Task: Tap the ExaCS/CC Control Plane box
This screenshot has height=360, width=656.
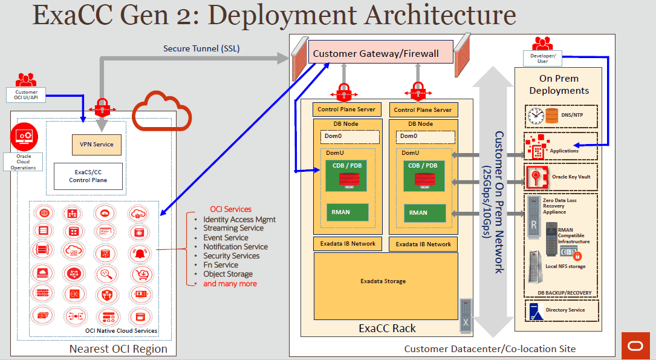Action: [x=88, y=176]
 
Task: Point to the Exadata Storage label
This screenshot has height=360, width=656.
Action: [x=383, y=281]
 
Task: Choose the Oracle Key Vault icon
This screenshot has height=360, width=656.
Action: [x=536, y=177]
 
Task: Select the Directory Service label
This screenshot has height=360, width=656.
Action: [x=565, y=310]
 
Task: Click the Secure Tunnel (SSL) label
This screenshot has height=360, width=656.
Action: [x=201, y=48]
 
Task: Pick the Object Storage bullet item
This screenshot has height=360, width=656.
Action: [x=228, y=274]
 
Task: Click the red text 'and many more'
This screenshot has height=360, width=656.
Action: [x=230, y=284]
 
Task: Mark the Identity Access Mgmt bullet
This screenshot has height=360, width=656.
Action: [x=239, y=219]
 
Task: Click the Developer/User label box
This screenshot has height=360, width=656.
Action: [x=542, y=58]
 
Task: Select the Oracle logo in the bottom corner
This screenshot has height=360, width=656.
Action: [x=635, y=345]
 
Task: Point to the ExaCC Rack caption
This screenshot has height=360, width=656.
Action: [x=387, y=329]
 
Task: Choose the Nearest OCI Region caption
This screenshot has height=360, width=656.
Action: [x=118, y=349]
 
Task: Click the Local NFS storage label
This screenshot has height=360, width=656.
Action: [x=565, y=267]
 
